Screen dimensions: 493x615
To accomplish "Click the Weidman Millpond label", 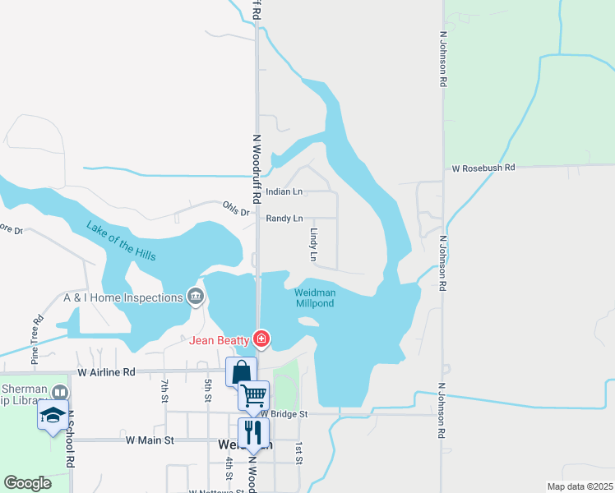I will (314, 297).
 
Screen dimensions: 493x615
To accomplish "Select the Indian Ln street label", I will (284, 191).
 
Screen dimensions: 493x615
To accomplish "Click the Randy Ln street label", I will (284, 219).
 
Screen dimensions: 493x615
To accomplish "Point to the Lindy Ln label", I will (313, 245).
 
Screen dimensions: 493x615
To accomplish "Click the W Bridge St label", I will (284, 414).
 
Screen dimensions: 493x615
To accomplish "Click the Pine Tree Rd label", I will (36, 339).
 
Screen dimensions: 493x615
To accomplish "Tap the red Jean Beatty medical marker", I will (261, 339).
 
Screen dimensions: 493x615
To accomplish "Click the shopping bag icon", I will (241, 371).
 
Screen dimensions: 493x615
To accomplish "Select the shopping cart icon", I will (253, 396).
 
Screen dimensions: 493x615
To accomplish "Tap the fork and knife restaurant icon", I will (253, 432).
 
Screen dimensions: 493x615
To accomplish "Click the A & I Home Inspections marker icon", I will (196, 297).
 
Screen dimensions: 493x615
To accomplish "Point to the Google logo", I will (28, 483).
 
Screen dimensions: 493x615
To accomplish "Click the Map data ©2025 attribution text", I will (580, 486).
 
